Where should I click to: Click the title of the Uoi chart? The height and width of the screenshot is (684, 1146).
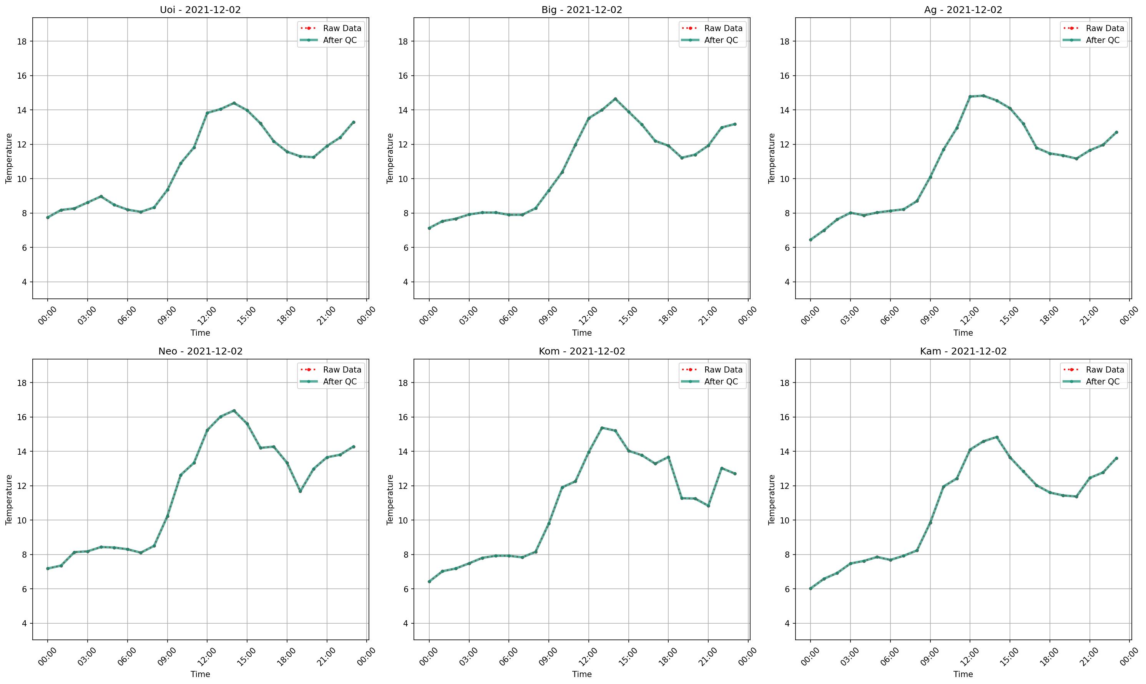click(200, 10)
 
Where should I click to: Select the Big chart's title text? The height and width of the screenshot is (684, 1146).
click(581, 10)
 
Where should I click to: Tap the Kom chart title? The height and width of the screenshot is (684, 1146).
click(581, 351)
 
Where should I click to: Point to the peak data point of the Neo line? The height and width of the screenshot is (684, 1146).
click(234, 410)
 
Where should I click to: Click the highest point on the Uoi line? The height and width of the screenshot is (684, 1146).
click(234, 103)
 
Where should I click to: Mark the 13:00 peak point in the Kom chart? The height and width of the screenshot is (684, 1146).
click(602, 428)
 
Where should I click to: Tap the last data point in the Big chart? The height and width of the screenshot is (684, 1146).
click(735, 124)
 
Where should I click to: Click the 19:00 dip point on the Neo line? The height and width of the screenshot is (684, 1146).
click(300, 491)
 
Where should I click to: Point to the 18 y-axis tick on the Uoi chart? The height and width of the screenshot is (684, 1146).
click(23, 41)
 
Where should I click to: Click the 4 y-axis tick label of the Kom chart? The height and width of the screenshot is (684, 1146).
click(406, 624)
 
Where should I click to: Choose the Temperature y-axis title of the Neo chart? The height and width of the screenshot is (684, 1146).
click(9, 500)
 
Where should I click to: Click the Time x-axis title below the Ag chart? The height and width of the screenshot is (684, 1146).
click(963, 333)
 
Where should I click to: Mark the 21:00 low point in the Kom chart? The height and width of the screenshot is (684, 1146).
click(708, 506)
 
